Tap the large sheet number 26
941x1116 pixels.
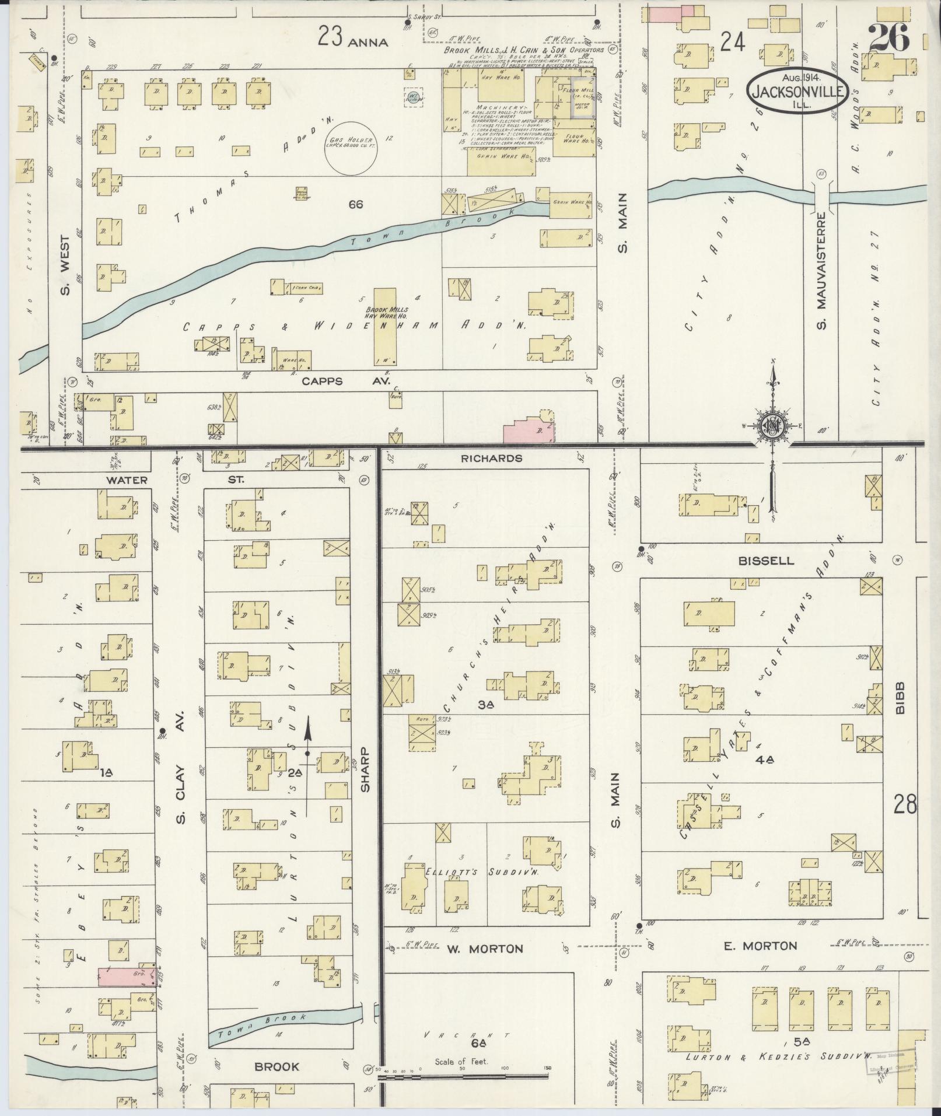coord(889,39)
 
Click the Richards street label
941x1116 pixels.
coord(484,459)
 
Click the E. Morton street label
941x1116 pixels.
coord(760,946)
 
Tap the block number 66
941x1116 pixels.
coord(355,204)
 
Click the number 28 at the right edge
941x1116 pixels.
coord(905,806)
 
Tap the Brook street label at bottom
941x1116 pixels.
coord(277,1067)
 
